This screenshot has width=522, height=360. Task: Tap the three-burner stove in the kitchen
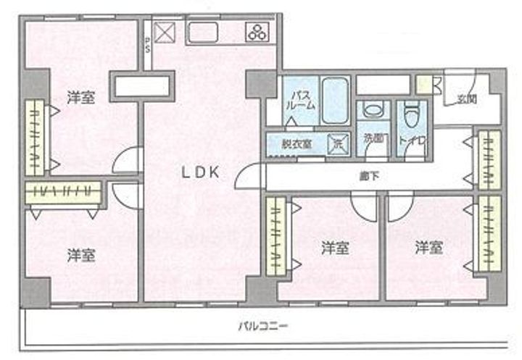point(256,32)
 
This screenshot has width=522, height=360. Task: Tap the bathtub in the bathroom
point(334,101)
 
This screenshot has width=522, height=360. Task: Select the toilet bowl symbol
point(412,114)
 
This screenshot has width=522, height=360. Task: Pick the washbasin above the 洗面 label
point(370,113)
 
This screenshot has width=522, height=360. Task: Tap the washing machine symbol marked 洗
point(337,143)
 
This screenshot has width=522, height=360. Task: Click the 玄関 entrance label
point(466,100)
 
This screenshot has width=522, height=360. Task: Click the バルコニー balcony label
point(263,327)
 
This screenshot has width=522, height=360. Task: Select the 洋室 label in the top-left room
point(80,97)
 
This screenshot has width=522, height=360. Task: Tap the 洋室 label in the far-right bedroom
point(429,248)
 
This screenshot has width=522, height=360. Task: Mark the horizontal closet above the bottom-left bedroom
point(63,192)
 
